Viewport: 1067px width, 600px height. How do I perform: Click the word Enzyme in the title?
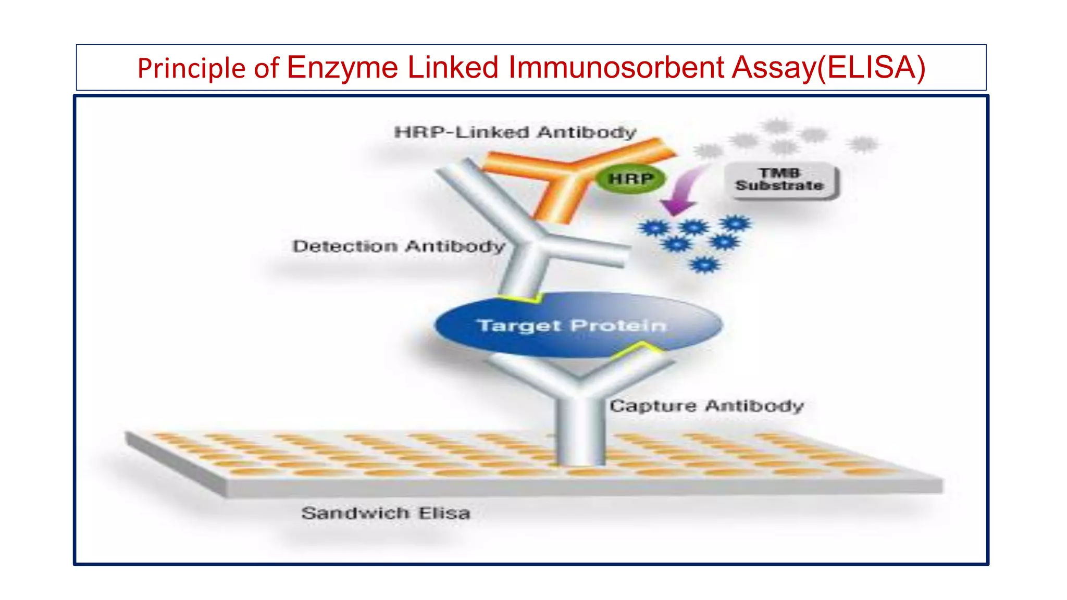(x=342, y=68)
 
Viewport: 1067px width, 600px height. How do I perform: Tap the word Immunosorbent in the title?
(x=616, y=68)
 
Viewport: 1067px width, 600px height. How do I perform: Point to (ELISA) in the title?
(x=871, y=68)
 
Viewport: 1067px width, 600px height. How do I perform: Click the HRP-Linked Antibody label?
(x=515, y=132)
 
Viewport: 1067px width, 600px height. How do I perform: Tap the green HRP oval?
(x=630, y=179)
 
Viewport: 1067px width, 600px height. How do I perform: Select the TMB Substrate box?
(x=780, y=180)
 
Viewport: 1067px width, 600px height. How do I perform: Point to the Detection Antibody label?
(x=399, y=246)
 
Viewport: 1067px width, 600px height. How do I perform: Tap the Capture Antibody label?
(x=706, y=406)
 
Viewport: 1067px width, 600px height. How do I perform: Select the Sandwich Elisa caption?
(x=386, y=513)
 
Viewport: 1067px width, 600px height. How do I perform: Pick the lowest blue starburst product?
(x=704, y=265)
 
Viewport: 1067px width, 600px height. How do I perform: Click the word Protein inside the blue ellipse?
(x=618, y=326)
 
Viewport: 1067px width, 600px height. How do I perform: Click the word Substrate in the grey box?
(x=780, y=186)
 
